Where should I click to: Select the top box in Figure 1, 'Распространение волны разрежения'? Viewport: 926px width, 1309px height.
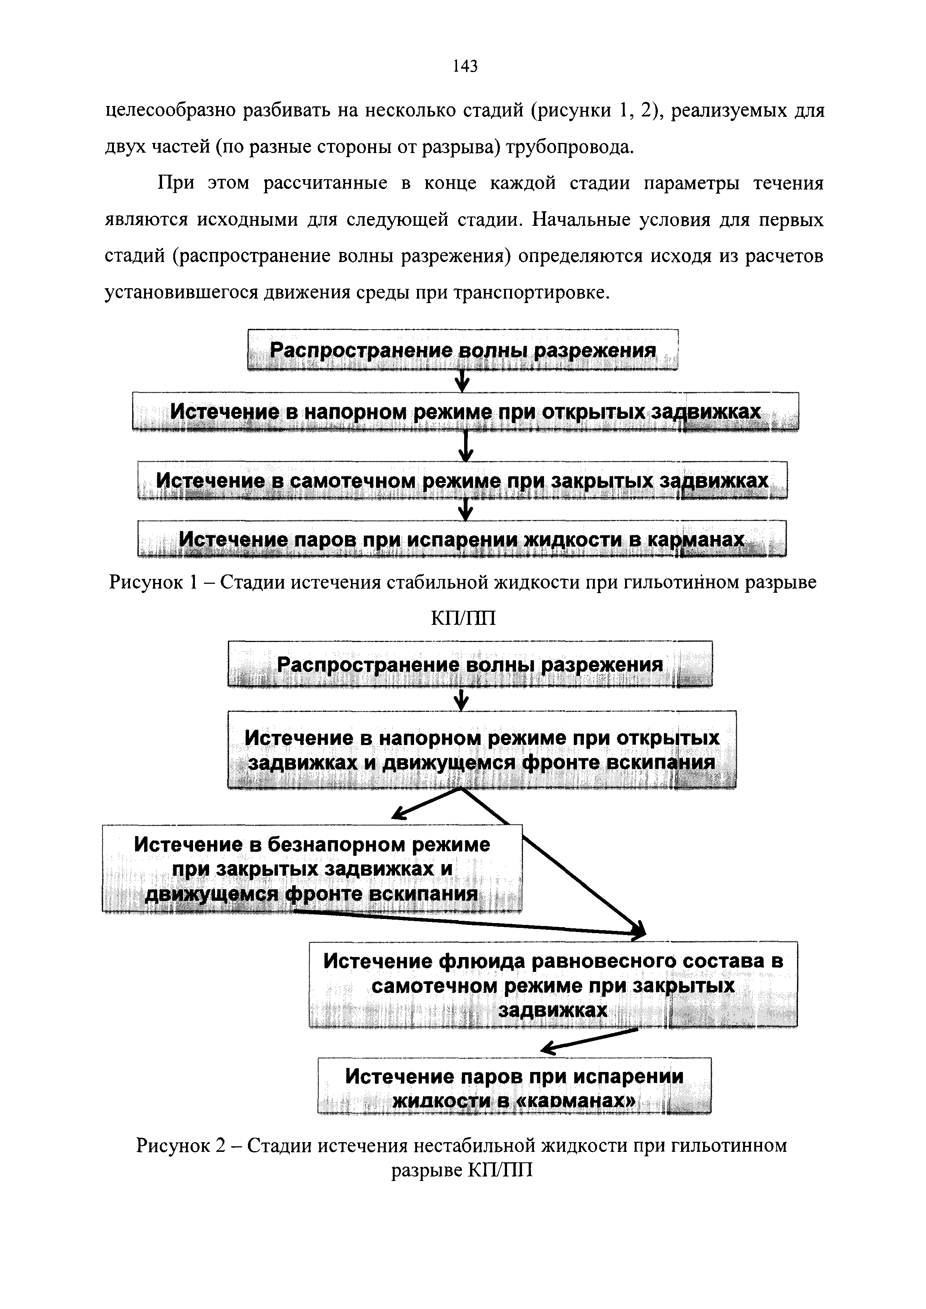462,350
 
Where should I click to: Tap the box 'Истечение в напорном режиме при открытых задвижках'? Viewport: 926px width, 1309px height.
465,412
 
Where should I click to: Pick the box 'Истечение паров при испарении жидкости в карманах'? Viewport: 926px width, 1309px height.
462,539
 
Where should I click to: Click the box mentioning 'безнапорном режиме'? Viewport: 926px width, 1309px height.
312,868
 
